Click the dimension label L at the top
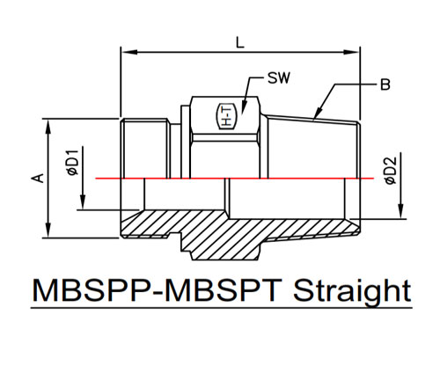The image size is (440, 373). tap(240, 43)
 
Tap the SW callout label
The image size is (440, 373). tap(279, 77)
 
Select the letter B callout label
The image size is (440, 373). tap(385, 84)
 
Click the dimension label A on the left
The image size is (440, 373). tap(38, 178)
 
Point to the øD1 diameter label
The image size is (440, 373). tap(73, 163)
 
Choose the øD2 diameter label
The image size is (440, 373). tap(391, 171)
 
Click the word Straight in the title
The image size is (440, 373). tap(352, 292)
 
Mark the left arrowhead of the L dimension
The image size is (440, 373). tap(129, 52)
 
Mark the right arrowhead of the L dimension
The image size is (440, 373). tap(351, 52)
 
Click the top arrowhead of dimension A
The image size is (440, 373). tap(48, 127)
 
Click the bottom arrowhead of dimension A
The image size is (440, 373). tap(48, 230)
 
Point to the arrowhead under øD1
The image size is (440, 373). tap(83, 201)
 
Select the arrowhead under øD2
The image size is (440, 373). tap(400, 211)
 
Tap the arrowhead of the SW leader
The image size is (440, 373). tap(244, 107)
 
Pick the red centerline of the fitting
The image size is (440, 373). tap(235, 178)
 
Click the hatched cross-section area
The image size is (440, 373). tap(235, 231)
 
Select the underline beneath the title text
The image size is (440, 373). tap(222, 308)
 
